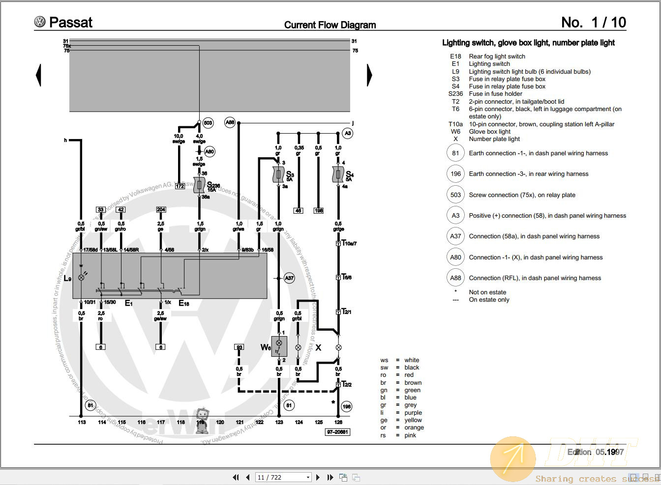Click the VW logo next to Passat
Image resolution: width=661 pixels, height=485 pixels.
point(40,22)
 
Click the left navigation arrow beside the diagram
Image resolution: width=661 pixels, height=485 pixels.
point(38,75)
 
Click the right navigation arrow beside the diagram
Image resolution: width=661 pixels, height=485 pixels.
point(369,75)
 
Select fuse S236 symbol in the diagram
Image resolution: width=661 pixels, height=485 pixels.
point(199,185)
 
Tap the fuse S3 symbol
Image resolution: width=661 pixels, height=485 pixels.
point(278,174)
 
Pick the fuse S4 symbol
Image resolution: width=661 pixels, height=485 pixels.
point(338,174)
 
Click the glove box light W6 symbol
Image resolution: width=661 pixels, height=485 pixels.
point(279,346)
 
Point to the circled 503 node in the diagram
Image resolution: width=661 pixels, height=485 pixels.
point(208,122)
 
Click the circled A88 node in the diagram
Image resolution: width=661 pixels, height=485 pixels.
point(230,122)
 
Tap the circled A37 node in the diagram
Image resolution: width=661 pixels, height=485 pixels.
point(289,278)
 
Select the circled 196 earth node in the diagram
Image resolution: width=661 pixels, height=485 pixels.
point(347,406)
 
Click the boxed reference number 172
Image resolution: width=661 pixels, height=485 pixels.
point(180,186)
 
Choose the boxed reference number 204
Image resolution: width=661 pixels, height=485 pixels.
point(161,209)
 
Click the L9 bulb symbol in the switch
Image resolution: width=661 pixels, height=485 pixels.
point(82,278)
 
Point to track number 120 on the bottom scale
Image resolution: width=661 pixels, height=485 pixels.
point(220,422)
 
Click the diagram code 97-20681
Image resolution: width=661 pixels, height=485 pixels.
point(337,432)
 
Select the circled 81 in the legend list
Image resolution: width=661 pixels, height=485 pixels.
point(455,153)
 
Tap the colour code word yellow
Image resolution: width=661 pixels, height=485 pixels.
point(413,420)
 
